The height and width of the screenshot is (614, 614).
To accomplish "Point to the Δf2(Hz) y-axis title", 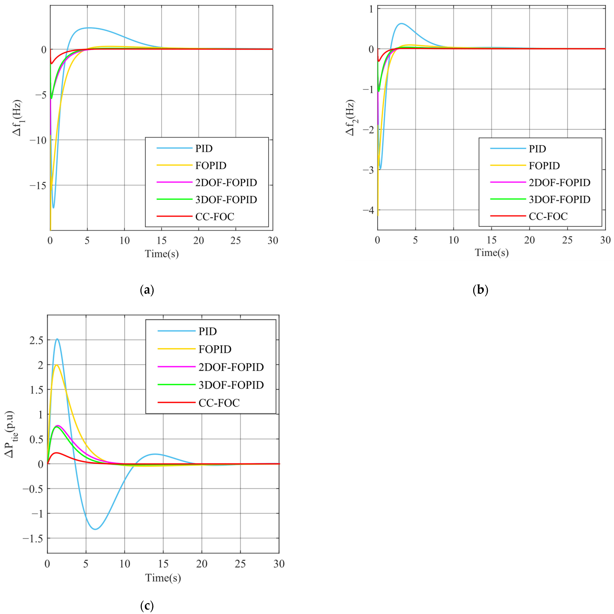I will (x=350, y=118).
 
